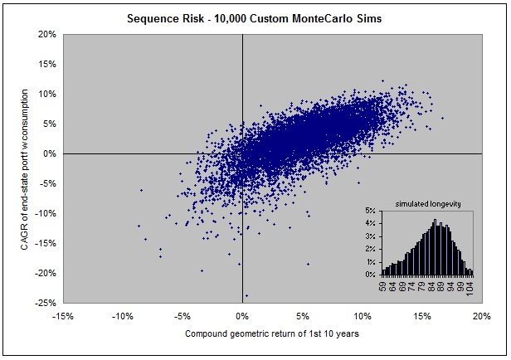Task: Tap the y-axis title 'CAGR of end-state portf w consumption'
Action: click(18, 169)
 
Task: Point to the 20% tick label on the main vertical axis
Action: click(46, 35)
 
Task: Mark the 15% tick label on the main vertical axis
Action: click(46, 65)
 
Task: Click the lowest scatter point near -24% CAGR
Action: click(246, 295)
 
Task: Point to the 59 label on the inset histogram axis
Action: click(384, 287)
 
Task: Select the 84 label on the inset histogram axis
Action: click(432, 287)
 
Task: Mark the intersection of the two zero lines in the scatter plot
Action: click(242, 154)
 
